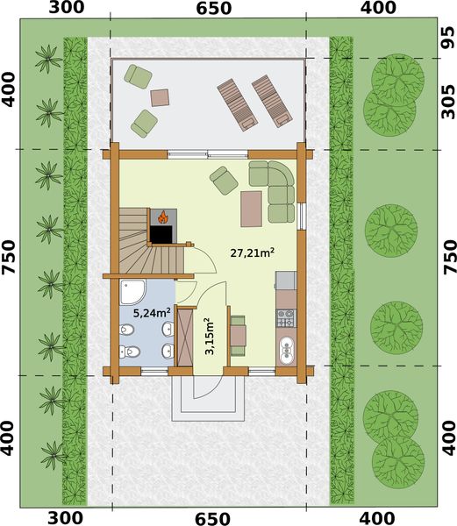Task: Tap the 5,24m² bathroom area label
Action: [151, 311]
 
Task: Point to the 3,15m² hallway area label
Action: [209, 336]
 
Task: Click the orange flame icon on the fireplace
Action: [161, 215]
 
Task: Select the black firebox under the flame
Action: [161, 233]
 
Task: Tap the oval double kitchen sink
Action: [286, 352]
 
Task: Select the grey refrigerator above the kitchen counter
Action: [285, 281]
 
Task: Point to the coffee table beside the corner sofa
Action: [253, 207]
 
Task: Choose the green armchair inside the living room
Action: [221, 180]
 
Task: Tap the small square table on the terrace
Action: [161, 96]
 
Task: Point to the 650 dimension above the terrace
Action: [209, 9]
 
